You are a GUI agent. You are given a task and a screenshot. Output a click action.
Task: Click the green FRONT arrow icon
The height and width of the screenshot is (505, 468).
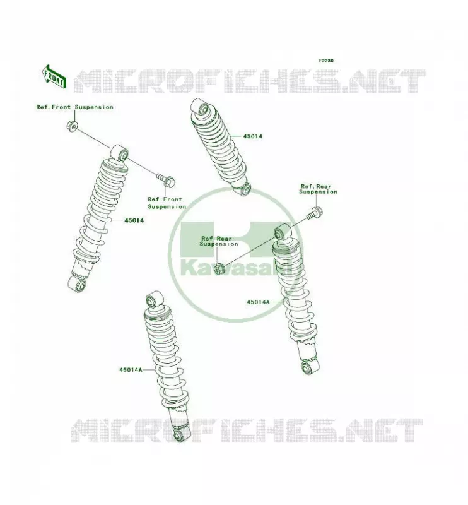coord(54,77)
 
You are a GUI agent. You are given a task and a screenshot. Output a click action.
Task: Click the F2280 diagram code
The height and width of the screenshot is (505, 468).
coord(326,61)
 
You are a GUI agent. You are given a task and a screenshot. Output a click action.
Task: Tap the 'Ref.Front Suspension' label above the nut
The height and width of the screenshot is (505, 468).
coord(74,107)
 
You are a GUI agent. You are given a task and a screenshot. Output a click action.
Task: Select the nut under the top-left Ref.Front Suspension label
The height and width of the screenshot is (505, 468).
coord(72,126)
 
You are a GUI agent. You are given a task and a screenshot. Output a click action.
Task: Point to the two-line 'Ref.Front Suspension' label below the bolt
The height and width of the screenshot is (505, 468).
coord(167,203)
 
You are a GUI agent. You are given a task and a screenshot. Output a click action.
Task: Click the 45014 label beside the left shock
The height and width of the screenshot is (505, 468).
coord(134,220)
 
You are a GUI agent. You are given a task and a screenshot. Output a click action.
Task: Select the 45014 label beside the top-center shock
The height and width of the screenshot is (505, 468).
coord(253,136)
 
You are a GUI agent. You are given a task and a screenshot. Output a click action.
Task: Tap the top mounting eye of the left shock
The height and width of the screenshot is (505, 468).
coord(120,153)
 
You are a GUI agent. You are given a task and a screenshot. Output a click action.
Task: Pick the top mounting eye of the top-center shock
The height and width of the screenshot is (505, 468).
coord(200,107)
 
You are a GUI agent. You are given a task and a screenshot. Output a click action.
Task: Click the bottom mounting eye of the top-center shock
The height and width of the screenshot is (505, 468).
coord(244,189)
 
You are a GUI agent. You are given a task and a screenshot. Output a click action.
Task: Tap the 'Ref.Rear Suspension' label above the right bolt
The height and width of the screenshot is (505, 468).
coord(319,189)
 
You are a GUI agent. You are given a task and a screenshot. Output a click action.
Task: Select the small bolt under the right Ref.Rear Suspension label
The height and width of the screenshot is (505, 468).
coord(315,213)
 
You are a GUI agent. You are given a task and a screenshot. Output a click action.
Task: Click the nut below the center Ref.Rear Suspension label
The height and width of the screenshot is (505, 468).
coord(219,268)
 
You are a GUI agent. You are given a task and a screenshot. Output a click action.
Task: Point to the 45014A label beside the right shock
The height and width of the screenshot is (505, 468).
coord(258,302)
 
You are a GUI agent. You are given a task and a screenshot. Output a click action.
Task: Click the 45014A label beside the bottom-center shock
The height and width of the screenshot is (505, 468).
coord(131,370)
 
